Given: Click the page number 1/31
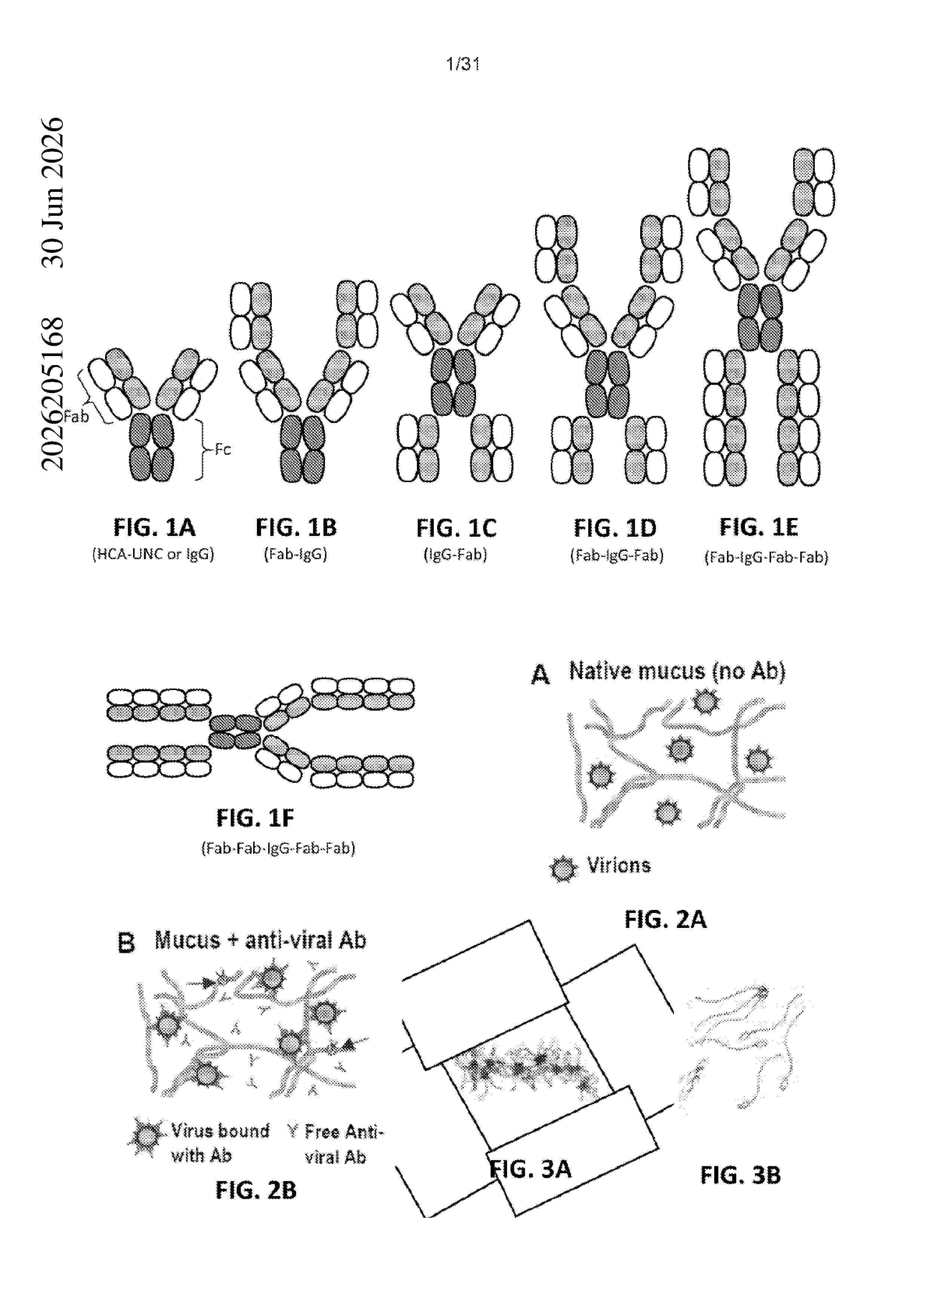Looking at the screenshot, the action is pyautogui.click(x=463, y=64).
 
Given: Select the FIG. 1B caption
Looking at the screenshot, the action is pyautogui.click(x=296, y=527).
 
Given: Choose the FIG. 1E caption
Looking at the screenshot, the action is pyautogui.click(x=758, y=527).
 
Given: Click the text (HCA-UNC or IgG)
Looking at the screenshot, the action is pyautogui.click(x=153, y=554).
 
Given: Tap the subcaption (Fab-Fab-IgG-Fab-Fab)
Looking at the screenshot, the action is pyautogui.click(x=278, y=848).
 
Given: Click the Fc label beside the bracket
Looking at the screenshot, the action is pyautogui.click(x=223, y=450).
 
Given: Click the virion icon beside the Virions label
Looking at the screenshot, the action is pyautogui.click(x=563, y=868).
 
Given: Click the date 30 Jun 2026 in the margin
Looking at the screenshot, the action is pyautogui.click(x=53, y=193).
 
